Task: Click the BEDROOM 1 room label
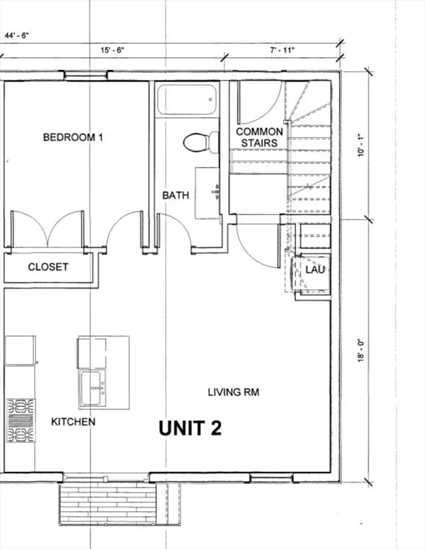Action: click(x=73, y=137)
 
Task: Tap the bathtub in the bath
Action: click(x=186, y=99)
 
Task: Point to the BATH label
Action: click(x=176, y=195)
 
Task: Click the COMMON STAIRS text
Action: click(x=259, y=137)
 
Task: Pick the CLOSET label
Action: click(x=48, y=267)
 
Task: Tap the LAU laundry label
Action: click(x=315, y=269)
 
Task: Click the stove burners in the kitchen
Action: click(x=21, y=420)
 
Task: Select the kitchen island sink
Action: click(x=91, y=388)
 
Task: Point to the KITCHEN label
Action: click(x=73, y=422)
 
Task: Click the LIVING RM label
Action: click(x=234, y=392)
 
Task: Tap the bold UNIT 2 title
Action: click(x=190, y=428)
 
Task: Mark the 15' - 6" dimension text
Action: click(x=112, y=50)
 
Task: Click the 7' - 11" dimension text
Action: click(x=282, y=50)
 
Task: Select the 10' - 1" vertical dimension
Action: click(x=361, y=145)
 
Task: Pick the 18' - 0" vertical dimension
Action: click(x=361, y=350)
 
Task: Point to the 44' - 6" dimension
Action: click(x=16, y=35)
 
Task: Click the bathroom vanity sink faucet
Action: click(x=216, y=192)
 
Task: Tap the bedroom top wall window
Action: click(x=86, y=76)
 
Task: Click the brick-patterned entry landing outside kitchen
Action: click(x=107, y=504)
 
